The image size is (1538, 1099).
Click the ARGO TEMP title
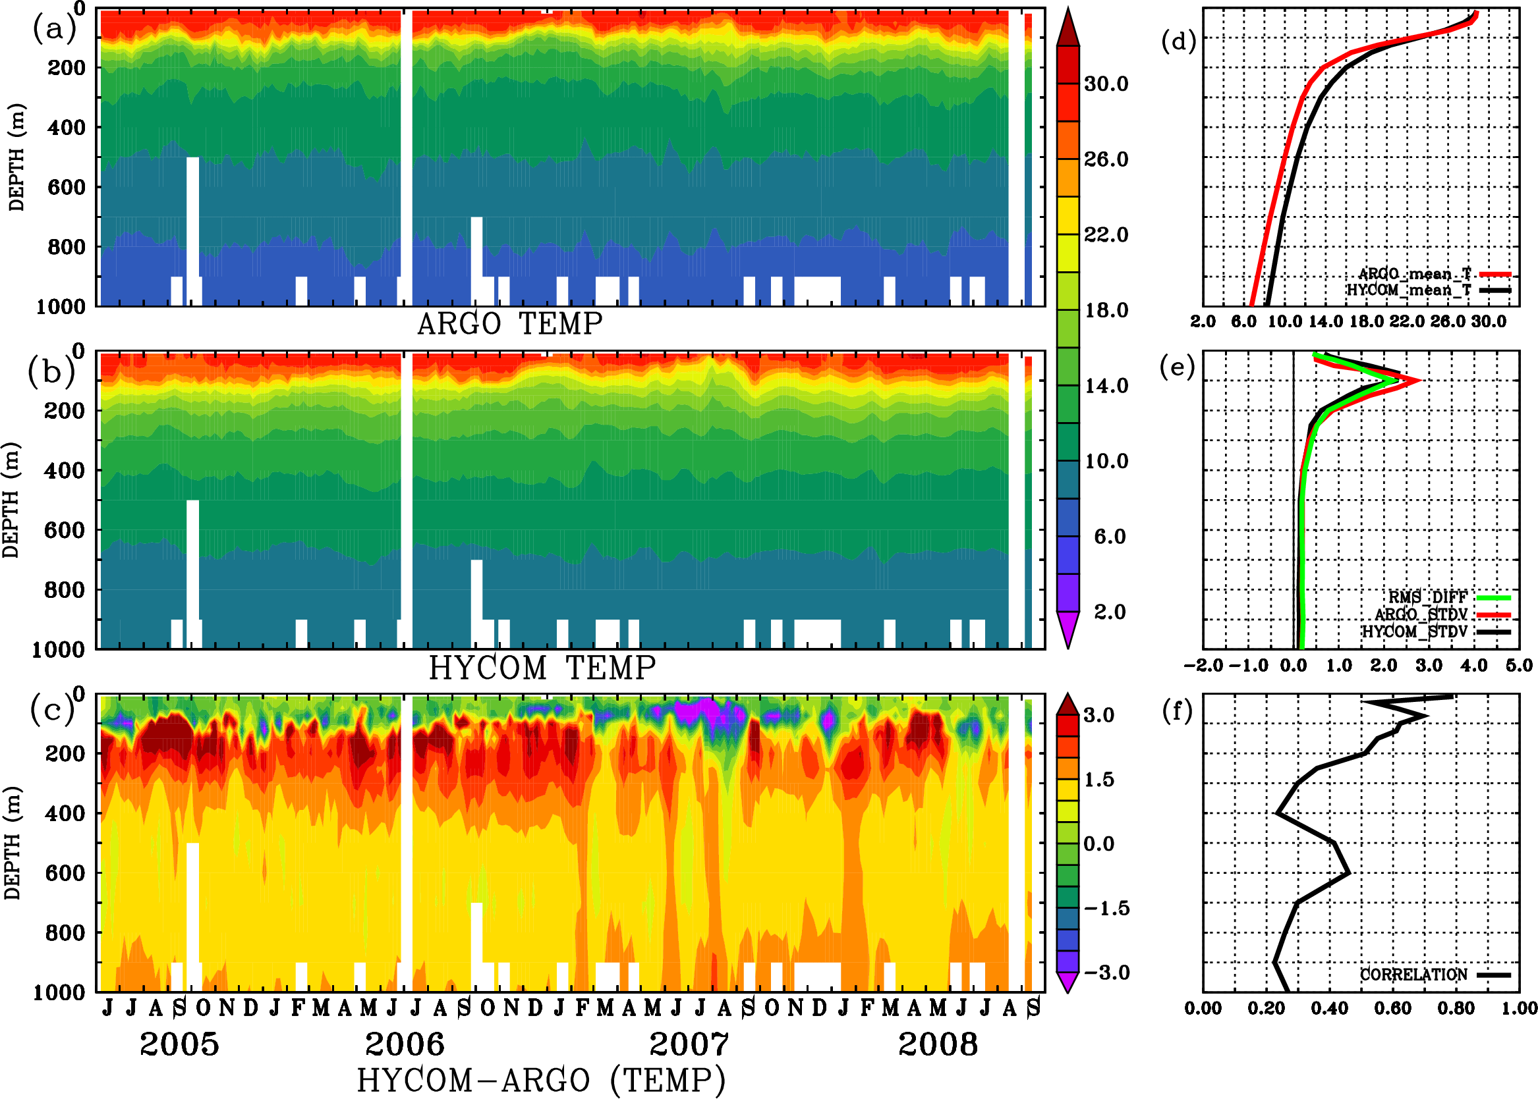[x=509, y=324]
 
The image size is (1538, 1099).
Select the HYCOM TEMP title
[x=542, y=668]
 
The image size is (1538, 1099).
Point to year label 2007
[x=689, y=1044]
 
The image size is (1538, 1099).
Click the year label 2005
[x=179, y=1044]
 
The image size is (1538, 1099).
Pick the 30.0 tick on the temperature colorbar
[x=1106, y=84]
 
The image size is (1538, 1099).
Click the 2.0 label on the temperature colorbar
[x=1110, y=612]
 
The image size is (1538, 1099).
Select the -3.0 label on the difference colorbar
[x=1106, y=973]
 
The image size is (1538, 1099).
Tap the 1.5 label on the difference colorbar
[x=1099, y=780]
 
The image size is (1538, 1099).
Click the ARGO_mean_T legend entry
[x=1415, y=274]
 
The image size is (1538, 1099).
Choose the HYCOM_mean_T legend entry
[x=1409, y=290]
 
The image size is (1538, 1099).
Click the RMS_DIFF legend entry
[x=1427, y=597]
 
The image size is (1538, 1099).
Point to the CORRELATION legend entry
[x=1414, y=975]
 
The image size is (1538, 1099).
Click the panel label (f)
[x=1178, y=711]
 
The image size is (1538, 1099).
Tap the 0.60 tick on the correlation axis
[x=1393, y=1009]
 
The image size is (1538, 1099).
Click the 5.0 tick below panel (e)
[x=1519, y=666]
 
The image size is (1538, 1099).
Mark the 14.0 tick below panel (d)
[x=1325, y=321]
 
